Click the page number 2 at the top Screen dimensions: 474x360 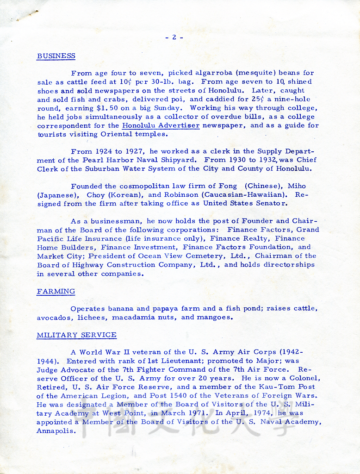(x=174, y=37)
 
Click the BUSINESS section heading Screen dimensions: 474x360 (x=56, y=56)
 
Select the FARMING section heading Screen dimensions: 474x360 (x=56, y=291)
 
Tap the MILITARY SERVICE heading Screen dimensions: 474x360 (x=76, y=335)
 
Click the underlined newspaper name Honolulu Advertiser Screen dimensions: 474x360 (x=161, y=125)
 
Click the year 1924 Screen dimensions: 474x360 (x=108, y=151)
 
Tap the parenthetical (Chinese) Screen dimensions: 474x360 (x=263, y=186)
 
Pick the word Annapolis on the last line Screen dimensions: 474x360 (x=56, y=430)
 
